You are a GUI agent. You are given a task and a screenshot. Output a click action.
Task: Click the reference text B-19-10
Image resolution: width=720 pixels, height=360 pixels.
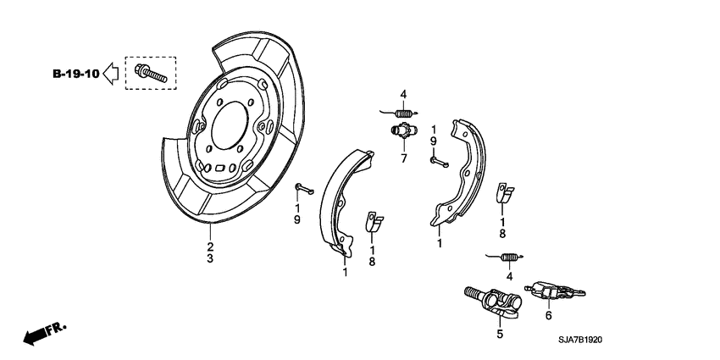(74, 75)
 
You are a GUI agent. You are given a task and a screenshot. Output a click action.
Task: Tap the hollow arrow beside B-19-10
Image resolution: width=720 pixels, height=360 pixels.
(110, 75)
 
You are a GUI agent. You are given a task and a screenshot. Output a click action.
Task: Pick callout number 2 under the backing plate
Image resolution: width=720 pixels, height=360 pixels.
(209, 246)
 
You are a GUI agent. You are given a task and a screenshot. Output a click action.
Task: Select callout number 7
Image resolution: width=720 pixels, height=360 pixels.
(403, 158)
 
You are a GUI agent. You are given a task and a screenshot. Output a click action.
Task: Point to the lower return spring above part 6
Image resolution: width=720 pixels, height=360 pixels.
(510, 257)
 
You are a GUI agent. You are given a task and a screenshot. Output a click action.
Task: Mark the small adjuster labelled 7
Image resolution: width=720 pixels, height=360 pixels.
(403, 131)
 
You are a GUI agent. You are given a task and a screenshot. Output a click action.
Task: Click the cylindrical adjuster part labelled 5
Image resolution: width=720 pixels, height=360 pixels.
(496, 303)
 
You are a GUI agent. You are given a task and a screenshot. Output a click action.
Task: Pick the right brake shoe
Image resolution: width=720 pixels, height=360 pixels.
(462, 174)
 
